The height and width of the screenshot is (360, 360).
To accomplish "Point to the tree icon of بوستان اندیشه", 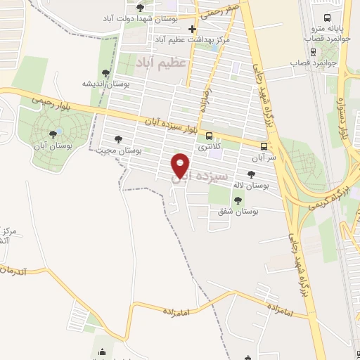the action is pos(105,72).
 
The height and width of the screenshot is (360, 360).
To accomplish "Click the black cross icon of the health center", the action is pos(191,29).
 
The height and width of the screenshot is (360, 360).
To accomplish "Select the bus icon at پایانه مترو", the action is pos(326,18).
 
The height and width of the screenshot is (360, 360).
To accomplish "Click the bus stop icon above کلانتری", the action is pos(209,136).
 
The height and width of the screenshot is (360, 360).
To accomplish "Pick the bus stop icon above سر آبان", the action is pos(264,146).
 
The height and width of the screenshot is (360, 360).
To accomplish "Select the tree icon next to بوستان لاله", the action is pos(251,174).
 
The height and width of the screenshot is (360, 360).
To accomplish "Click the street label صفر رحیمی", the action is pos(223,11).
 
